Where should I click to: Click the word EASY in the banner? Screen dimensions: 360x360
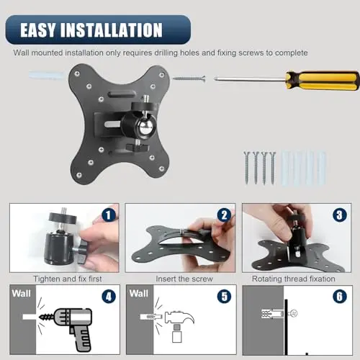coord(37,30)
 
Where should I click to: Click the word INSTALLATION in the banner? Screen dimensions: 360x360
coord(112,30)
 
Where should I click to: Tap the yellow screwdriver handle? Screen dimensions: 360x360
coord(323,81)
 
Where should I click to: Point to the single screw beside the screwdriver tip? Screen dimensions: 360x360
coord(189,78)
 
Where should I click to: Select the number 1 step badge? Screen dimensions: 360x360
coord(109,215)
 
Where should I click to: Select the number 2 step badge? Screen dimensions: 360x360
coord(225,215)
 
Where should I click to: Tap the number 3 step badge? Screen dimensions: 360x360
coord(340,215)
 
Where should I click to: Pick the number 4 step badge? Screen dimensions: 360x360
coord(109,297)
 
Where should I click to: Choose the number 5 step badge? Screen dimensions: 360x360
coord(225,297)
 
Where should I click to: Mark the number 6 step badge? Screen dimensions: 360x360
coord(340,297)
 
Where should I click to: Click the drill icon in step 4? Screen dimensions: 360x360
coord(70,329)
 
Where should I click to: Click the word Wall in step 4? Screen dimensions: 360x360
coord(22,294)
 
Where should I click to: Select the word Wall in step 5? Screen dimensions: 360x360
coord(139,294)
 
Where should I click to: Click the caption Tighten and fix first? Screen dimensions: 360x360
coord(68,279)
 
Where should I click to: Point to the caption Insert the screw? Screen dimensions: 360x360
coord(184,279)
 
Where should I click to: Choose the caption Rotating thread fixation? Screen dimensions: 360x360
coord(294,279)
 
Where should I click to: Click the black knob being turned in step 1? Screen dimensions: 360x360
coord(84,252)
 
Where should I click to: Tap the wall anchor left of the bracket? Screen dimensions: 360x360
coord(47,75)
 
